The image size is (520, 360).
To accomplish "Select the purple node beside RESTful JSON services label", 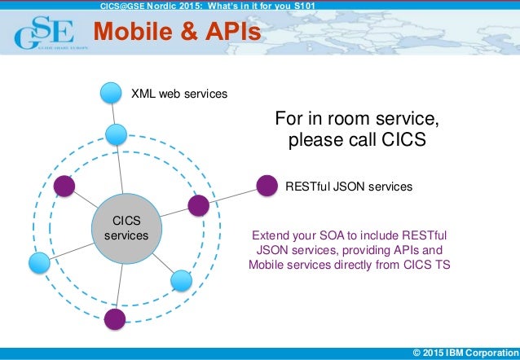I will (267, 187).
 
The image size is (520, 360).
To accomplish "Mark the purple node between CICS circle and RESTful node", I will (198, 204).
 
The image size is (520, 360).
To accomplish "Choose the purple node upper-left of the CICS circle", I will (64, 187).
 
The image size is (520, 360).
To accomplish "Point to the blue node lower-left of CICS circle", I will (39, 262).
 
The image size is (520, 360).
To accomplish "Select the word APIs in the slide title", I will (232, 32).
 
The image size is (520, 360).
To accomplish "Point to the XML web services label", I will (179, 94).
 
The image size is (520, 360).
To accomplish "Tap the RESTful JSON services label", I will (349, 187).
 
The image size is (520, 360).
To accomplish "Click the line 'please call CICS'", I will (358, 140).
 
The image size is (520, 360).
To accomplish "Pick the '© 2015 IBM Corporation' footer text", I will (465, 353).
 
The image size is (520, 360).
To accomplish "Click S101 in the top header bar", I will (301, 6).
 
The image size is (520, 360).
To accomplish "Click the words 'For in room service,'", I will (358, 119).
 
